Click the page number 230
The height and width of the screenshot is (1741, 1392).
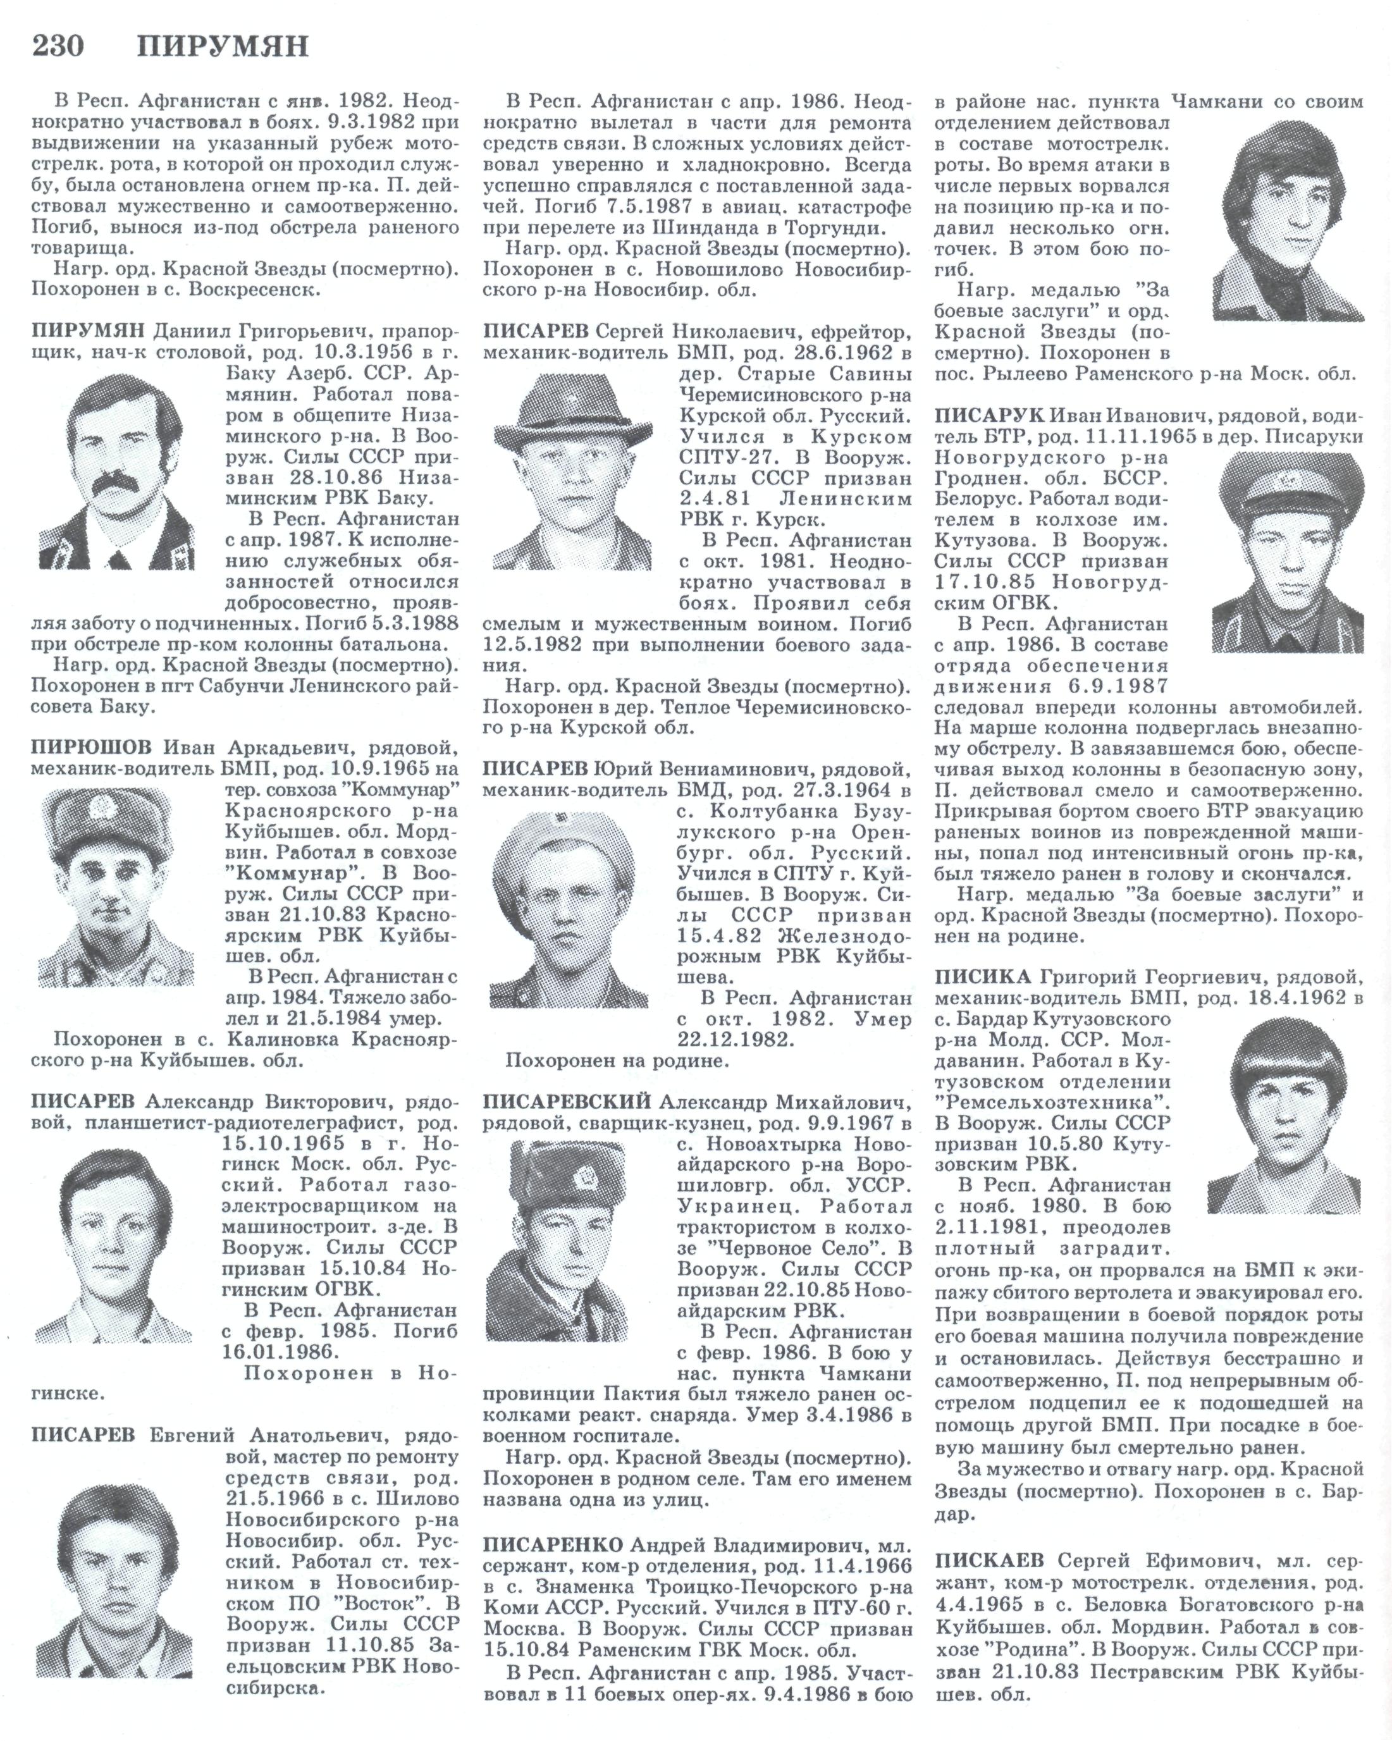[x=58, y=46]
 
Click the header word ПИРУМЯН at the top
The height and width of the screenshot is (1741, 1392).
[x=223, y=46]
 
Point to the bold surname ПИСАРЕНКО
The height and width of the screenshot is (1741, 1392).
[x=553, y=1546]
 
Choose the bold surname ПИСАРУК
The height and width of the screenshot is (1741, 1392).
[x=989, y=416]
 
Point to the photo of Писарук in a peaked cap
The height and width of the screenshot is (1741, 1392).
[x=1287, y=552]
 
